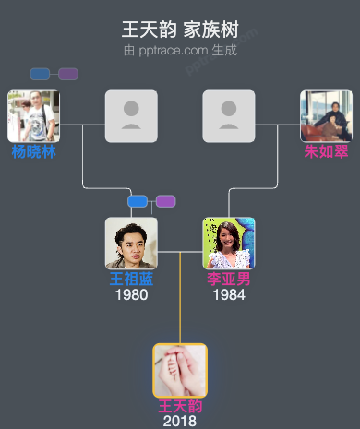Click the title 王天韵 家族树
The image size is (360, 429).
pos(180,30)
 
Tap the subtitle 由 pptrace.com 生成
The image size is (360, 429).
pos(180,50)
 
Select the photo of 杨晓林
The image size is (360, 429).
pos(34,115)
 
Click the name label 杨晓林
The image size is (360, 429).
pos(34,151)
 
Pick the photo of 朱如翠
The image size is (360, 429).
pos(326,115)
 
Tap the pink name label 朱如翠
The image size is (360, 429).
pos(326,151)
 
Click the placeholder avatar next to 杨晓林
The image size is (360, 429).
pos(131,115)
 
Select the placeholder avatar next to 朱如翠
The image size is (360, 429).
pos(229,115)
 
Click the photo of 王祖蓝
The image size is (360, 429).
pos(131,243)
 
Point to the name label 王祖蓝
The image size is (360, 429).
pos(131,279)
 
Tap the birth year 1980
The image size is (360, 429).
pos(131,295)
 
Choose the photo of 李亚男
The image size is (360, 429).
pos(229,243)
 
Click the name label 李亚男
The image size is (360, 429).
pos(229,279)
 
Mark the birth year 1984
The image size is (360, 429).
pos(229,295)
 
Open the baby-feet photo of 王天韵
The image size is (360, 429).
pos(180,370)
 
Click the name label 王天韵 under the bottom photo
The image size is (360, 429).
pos(180,406)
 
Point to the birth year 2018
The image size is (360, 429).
pos(180,422)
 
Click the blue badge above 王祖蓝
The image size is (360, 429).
pos(138,201)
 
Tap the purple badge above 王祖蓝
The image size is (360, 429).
pos(165,201)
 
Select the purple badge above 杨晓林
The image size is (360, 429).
pos(68,74)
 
